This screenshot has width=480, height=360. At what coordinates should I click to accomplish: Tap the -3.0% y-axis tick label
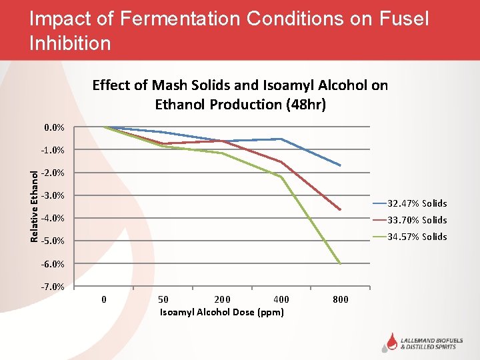click(52, 195)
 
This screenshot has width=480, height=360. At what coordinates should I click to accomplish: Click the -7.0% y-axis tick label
click(52, 287)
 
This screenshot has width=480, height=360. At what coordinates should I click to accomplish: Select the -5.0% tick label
click(52, 241)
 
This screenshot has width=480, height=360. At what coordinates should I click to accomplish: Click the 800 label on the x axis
click(340, 299)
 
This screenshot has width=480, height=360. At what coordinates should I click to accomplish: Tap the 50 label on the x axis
click(163, 299)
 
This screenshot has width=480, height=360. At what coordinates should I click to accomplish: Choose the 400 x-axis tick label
click(281, 299)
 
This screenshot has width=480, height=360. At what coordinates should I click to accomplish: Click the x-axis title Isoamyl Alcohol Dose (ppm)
click(222, 312)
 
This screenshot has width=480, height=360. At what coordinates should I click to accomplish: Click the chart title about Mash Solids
click(240, 94)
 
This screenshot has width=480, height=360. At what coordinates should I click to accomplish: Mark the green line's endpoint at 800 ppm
click(341, 264)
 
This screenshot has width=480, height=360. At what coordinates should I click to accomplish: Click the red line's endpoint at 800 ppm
click(341, 210)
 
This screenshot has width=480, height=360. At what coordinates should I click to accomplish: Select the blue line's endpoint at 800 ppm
click(341, 165)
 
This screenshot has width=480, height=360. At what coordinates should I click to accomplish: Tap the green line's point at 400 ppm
click(281, 177)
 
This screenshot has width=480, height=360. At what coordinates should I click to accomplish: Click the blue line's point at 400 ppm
click(281, 139)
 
